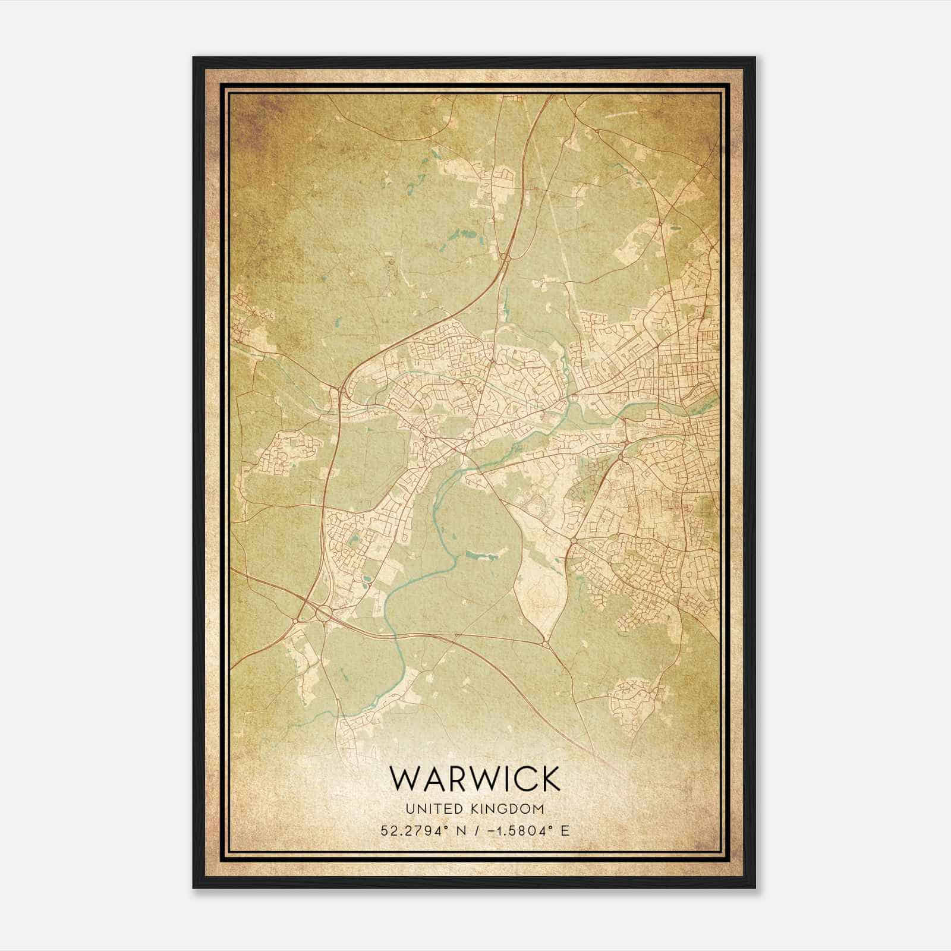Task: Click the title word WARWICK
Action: point(475,778)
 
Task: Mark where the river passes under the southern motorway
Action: point(395,635)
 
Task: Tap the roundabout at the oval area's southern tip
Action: point(545,643)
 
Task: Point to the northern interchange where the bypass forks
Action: point(506,257)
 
